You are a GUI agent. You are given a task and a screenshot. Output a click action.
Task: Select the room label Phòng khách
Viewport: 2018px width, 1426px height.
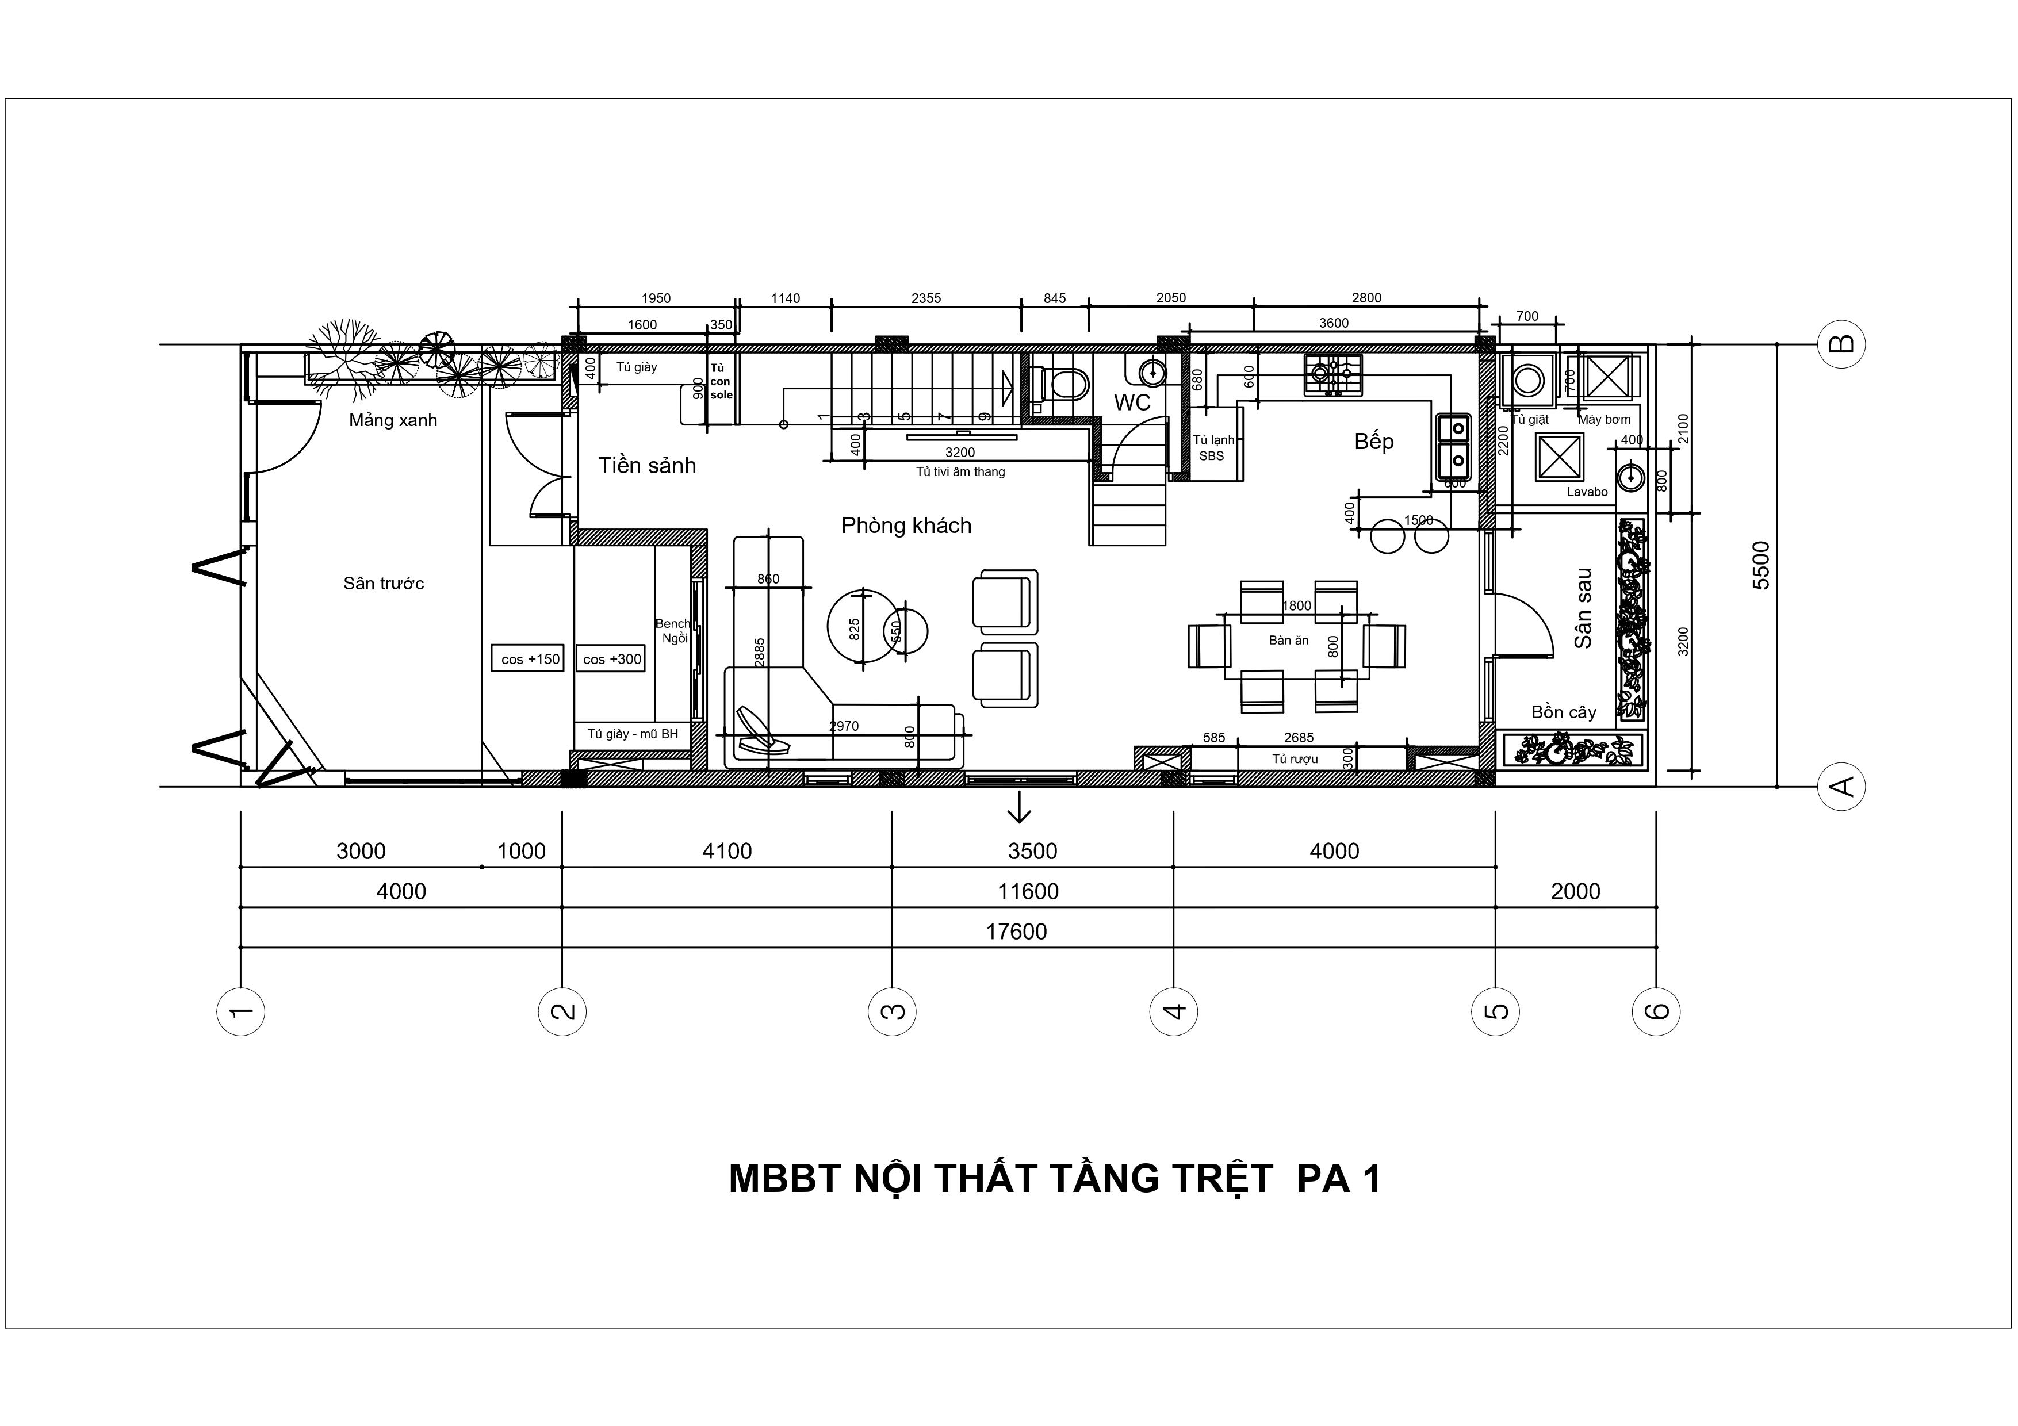[x=906, y=526]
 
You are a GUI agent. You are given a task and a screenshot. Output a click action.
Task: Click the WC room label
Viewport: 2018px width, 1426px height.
[x=1132, y=402]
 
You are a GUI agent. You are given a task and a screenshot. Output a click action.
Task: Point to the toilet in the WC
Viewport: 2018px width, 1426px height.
[x=1062, y=384]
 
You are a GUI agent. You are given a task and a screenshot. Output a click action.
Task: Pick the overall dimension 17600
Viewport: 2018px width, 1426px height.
[x=1016, y=931]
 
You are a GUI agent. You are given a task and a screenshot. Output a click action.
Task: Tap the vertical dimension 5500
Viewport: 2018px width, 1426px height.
[x=1760, y=565]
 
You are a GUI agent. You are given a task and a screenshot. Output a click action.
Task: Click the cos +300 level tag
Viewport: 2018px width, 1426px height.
[x=612, y=659]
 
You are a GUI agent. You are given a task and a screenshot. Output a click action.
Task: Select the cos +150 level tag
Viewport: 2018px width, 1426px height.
[x=530, y=659]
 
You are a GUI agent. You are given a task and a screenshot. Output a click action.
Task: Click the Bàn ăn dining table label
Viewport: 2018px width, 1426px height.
[x=1289, y=641]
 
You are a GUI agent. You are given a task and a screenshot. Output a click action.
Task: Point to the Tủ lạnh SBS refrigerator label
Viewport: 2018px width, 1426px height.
[x=1213, y=447]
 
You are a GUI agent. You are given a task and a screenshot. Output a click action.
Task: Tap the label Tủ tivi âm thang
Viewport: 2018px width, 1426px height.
[x=960, y=472]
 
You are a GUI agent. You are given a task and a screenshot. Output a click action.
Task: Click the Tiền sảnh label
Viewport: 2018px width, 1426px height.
[x=647, y=466]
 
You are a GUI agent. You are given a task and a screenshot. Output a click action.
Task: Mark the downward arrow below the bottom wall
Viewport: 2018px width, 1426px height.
[x=1018, y=807]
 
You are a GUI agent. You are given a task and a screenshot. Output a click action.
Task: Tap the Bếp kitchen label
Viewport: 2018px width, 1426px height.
[x=1374, y=441]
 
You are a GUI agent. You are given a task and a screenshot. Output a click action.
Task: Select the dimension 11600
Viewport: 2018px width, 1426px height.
[x=1028, y=892]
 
